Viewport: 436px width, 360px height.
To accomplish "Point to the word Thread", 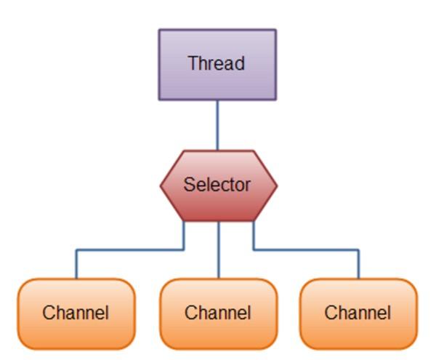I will (x=217, y=63).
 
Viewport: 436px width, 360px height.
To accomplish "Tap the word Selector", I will (x=217, y=185).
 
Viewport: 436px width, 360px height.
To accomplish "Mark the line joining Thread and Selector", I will (x=217, y=124).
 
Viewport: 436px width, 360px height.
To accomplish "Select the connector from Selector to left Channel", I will (x=131, y=250).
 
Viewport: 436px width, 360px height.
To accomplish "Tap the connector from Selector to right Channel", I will (x=305, y=250).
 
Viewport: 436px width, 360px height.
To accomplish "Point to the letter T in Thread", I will (x=193, y=63).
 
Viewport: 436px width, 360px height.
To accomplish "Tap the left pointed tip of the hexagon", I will (x=162, y=185).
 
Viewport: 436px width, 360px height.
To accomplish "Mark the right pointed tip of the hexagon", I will (x=275, y=185).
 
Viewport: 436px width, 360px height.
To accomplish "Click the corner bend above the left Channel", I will (x=76, y=250).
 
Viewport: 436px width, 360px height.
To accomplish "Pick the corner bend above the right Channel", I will (x=358, y=250).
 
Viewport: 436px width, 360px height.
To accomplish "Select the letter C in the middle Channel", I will (x=190, y=313).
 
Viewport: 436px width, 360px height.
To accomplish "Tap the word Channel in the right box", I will (x=358, y=313).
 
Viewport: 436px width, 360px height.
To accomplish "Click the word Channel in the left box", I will (x=76, y=313).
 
